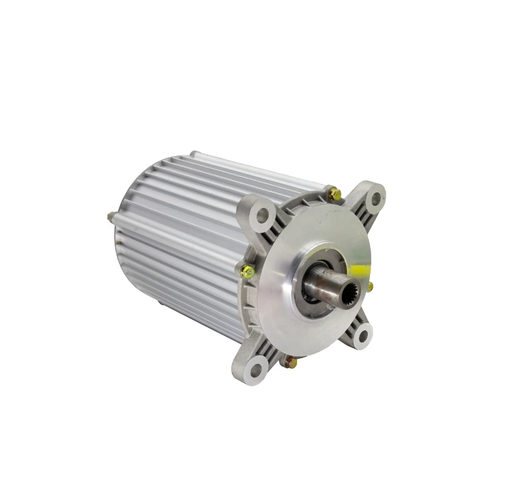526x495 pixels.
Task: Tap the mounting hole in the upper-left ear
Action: [262, 214]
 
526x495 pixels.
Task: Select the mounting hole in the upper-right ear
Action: [374, 199]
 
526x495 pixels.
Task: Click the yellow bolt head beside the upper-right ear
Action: [334, 194]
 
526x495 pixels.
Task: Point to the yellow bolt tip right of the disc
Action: [370, 287]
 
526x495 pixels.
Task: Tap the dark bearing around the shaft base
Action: [310, 294]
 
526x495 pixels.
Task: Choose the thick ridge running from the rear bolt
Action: [169, 232]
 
